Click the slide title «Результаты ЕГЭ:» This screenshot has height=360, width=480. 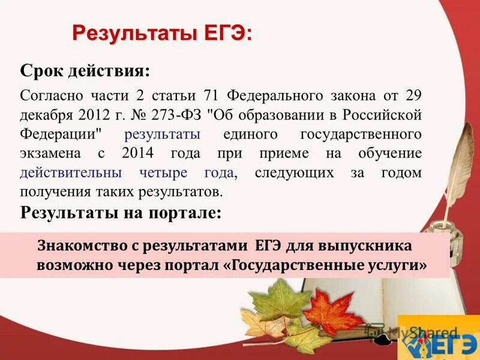(x=162, y=32)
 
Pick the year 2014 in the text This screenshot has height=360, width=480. (x=138, y=154)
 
